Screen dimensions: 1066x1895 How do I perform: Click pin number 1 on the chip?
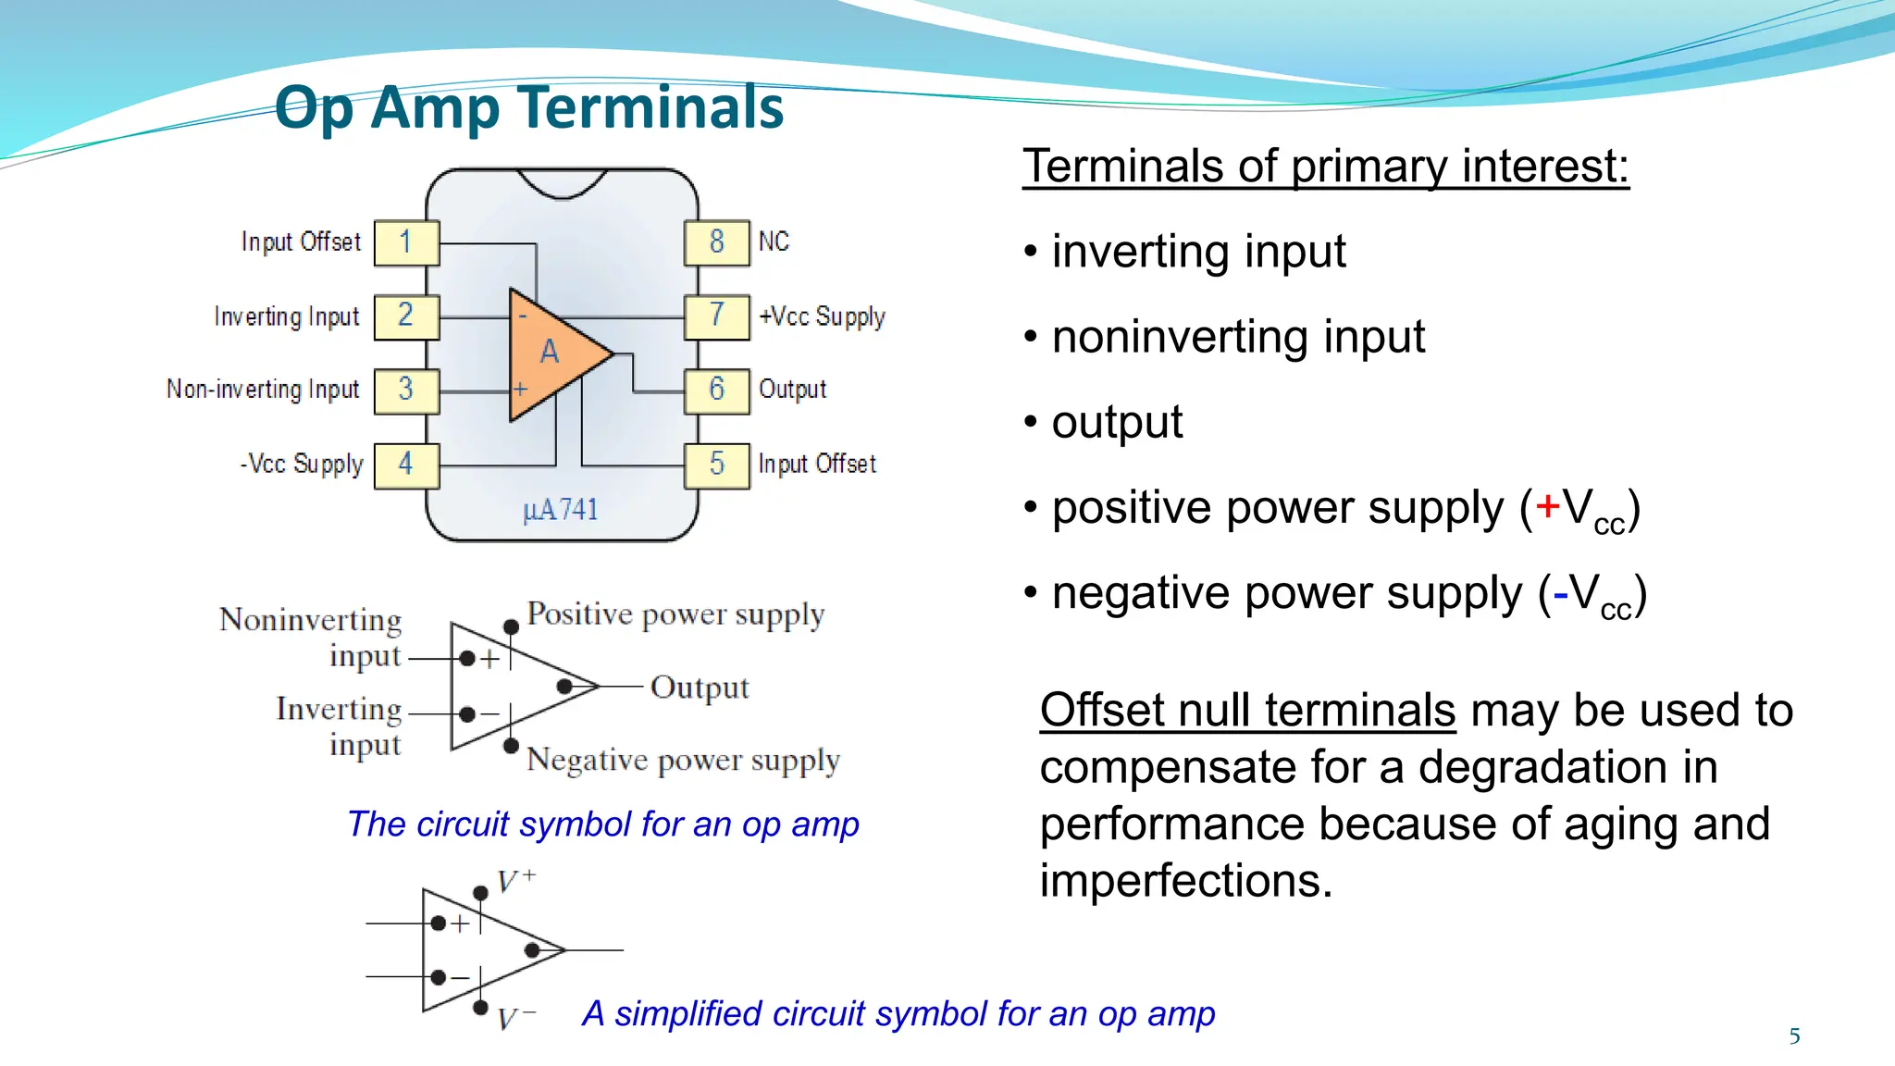pyautogui.click(x=406, y=242)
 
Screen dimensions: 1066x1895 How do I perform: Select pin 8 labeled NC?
pyautogui.click(x=717, y=242)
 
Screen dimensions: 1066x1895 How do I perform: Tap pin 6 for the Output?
pyautogui.click(x=717, y=390)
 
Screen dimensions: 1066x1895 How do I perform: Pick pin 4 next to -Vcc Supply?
pyautogui.click(x=406, y=464)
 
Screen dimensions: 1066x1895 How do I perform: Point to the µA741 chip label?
pyautogui.click(x=561, y=510)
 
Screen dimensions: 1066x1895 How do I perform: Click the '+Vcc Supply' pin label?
pyautogui.click(x=822, y=316)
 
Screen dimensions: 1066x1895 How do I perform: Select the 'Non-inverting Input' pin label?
pyautogui.click(x=263, y=390)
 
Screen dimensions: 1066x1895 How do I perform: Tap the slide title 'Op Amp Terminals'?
pyautogui.click(x=529, y=107)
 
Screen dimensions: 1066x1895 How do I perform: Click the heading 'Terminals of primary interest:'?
pyautogui.click(x=1325, y=167)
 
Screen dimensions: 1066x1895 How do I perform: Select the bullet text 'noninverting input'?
pyautogui.click(x=1238, y=337)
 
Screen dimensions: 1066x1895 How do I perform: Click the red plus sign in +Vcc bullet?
pyautogui.click(x=1547, y=506)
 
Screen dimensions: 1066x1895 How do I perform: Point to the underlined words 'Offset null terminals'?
pyautogui.click(x=1247, y=711)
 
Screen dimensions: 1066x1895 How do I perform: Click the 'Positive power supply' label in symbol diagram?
pyautogui.click(x=675, y=614)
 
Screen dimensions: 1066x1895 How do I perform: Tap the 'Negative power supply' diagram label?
pyautogui.click(x=683, y=760)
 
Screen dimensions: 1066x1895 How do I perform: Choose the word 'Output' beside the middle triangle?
pyautogui.click(x=700, y=688)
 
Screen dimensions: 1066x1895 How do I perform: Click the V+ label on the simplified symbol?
pyautogui.click(x=515, y=880)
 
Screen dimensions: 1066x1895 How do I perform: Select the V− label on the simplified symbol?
pyautogui.click(x=515, y=1019)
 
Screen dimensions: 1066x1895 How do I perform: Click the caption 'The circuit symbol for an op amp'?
pyautogui.click(x=603, y=824)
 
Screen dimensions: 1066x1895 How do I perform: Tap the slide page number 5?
pyautogui.click(x=1794, y=1036)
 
